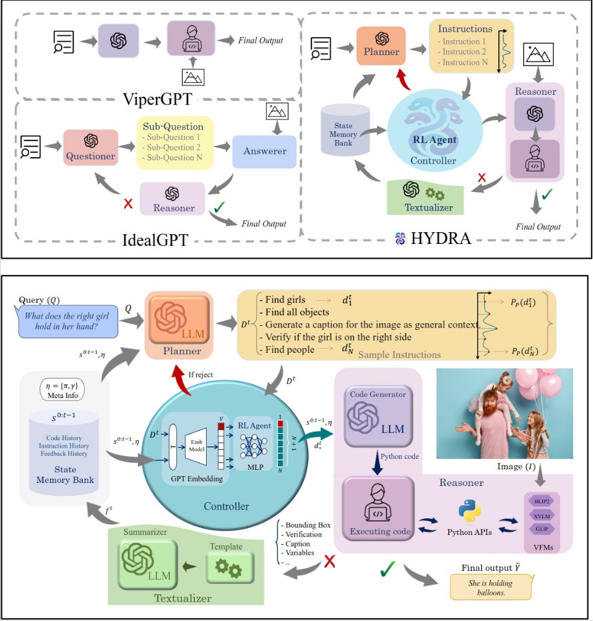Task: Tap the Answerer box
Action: tap(264, 150)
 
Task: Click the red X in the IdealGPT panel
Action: tap(128, 204)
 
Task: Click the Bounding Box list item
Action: tap(308, 525)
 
